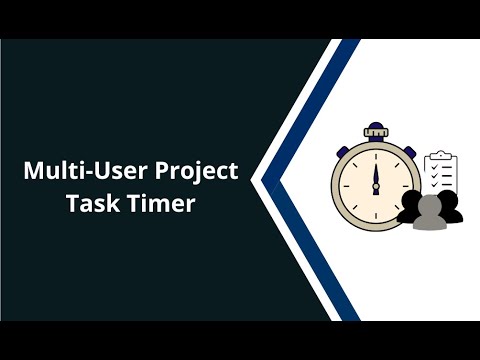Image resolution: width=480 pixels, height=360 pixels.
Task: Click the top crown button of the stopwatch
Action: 376,130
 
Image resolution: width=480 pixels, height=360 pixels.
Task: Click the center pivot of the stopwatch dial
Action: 376,186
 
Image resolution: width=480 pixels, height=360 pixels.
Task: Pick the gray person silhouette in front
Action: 431,213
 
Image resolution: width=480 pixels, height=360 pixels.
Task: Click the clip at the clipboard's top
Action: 440,155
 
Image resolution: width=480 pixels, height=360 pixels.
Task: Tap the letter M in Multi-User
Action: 34,171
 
